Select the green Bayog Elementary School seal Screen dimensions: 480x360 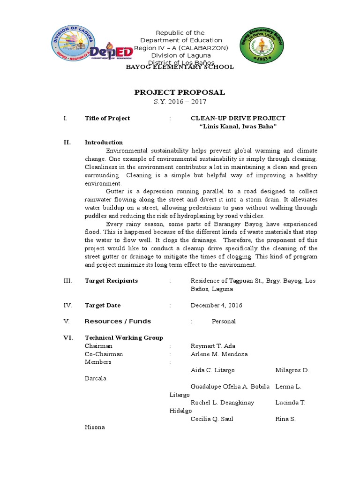[261, 45]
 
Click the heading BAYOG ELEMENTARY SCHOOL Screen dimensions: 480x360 [180, 67]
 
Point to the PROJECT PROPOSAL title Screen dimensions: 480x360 [180, 92]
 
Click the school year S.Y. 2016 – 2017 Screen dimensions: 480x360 [180, 102]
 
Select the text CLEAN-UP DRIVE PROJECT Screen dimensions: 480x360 [238, 119]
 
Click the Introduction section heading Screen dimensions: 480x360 [104, 142]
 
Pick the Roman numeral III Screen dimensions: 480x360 [67, 281]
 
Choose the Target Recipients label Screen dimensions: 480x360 [111, 281]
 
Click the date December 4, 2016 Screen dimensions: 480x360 [216, 306]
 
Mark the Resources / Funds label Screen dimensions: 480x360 [118, 322]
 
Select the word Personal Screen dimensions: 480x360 [224, 322]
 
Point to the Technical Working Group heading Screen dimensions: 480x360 [124, 338]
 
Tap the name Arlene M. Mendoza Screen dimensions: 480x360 [219, 354]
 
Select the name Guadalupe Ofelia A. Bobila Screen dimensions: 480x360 [230, 387]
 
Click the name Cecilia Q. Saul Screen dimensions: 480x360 [211, 419]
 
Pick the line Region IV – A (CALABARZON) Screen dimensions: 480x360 [180, 48]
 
